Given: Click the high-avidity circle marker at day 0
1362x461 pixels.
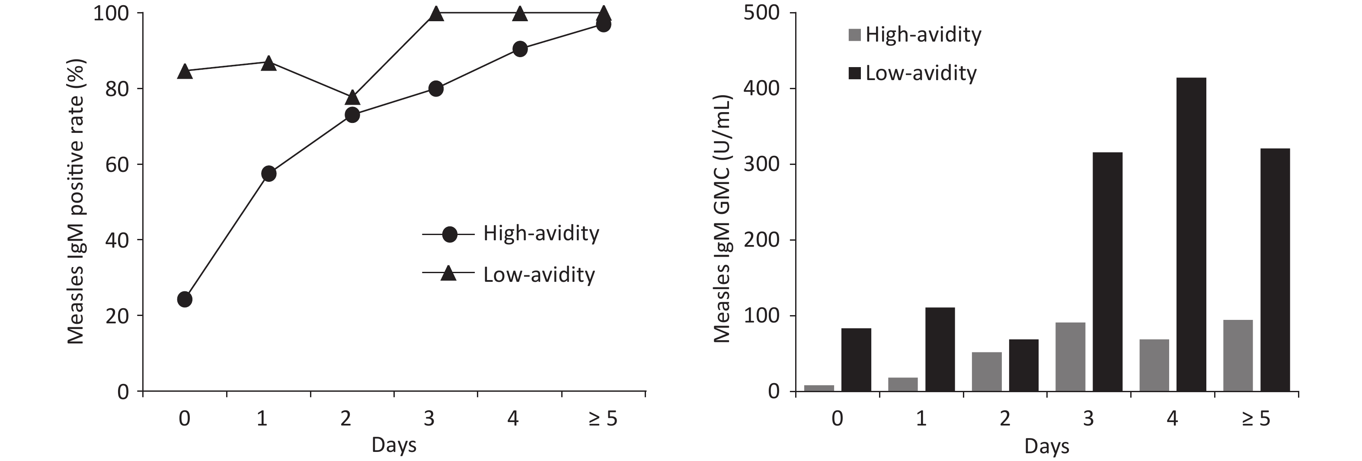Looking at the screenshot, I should click(x=185, y=300).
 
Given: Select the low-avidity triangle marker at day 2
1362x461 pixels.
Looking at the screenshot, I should click(x=353, y=98).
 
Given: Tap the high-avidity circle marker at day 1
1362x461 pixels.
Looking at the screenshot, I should click(x=269, y=174).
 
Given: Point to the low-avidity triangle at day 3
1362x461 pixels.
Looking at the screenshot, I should click(x=436, y=14).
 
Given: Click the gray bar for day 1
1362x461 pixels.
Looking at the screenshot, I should click(x=903, y=384).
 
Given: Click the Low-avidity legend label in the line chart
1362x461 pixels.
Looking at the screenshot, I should click(x=539, y=275).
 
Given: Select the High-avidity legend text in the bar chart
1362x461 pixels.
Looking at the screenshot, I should click(x=923, y=35).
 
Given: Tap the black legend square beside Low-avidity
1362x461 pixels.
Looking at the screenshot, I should click(x=854, y=73).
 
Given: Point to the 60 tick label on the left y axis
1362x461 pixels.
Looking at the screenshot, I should click(x=117, y=164).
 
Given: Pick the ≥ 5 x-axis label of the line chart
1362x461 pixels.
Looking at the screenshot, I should click(x=603, y=419).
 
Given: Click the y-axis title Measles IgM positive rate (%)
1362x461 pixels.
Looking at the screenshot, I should click(x=76, y=201).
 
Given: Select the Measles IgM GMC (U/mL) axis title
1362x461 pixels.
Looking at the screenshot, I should click(x=722, y=219).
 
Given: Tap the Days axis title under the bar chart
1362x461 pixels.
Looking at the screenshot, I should click(x=1046, y=446).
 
